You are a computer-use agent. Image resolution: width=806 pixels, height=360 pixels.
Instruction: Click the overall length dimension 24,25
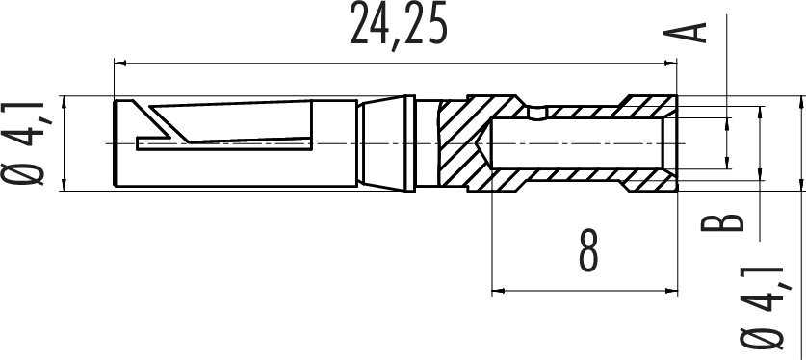coord(398,25)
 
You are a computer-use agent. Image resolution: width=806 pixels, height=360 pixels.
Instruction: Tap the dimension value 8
coord(589,250)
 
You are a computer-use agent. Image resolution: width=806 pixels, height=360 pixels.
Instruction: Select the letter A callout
coord(685,33)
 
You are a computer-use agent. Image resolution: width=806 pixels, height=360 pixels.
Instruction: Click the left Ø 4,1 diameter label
coord(24,142)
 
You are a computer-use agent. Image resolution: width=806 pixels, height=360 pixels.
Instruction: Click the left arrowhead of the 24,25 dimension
coord(119,64)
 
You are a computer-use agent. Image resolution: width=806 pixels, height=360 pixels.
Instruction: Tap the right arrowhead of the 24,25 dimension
coord(671,64)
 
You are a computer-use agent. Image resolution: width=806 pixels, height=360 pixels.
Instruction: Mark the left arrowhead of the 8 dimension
coord(499,292)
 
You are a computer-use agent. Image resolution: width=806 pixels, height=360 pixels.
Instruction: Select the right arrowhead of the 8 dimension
coord(671,292)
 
